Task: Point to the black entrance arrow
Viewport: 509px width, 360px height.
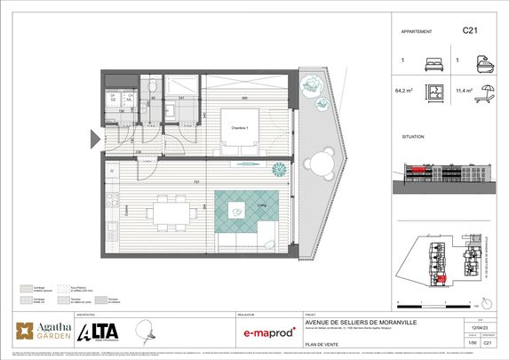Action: pos(93,138)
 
